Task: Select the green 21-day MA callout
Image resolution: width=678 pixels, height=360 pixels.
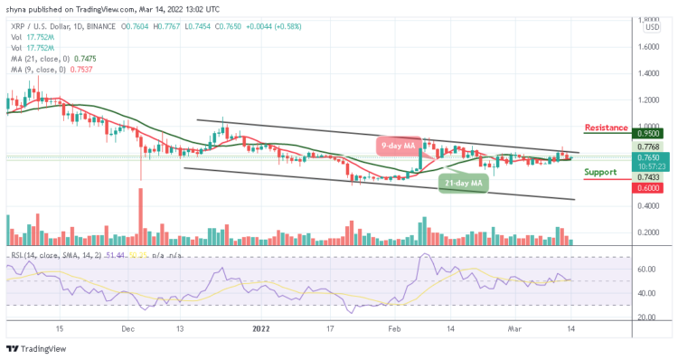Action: point(463,184)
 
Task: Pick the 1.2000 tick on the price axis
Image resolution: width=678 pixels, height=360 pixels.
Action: point(649,99)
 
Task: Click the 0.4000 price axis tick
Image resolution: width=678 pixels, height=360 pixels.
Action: point(649,205)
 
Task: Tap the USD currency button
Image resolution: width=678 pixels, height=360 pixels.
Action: point(650,27)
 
